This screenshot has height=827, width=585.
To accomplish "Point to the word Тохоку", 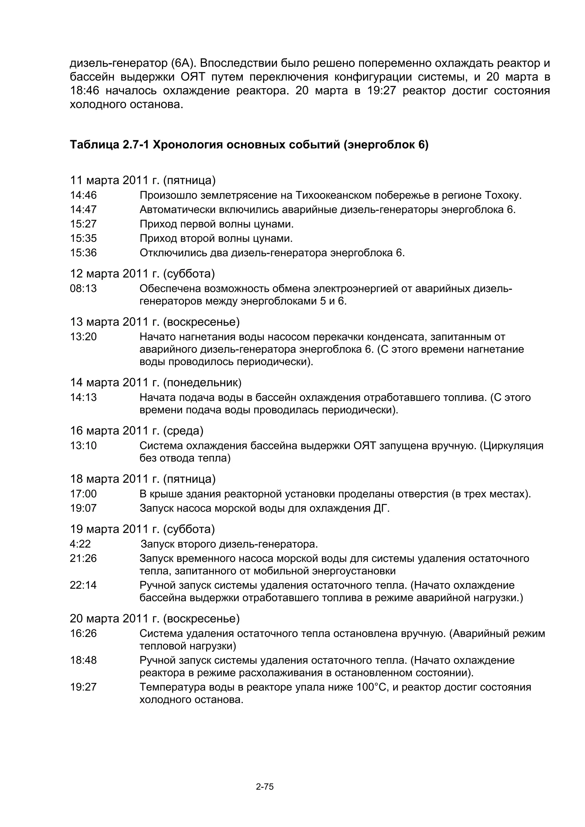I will [x=503, y=195].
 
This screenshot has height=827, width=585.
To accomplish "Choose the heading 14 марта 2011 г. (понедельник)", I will [x=156, y=382].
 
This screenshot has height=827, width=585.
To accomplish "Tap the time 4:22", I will [x=80, y=544].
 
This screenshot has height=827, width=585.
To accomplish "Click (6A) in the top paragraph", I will [x=183, y=63].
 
